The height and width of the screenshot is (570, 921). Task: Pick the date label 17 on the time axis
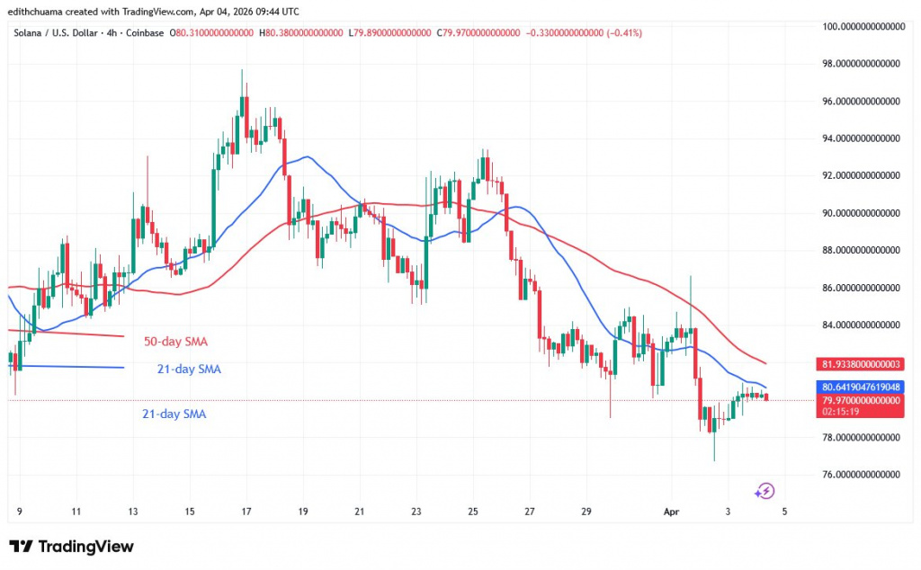point(246,512)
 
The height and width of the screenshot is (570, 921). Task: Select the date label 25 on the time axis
point(472,512)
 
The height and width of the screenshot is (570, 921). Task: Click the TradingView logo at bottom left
point(71,547)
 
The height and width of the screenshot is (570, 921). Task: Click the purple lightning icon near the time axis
point(765,491)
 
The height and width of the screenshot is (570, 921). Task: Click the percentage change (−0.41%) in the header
point(614,33)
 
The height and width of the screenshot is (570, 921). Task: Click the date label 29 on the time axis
point(586,512)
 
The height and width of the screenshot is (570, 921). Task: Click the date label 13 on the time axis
point(133,512)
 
